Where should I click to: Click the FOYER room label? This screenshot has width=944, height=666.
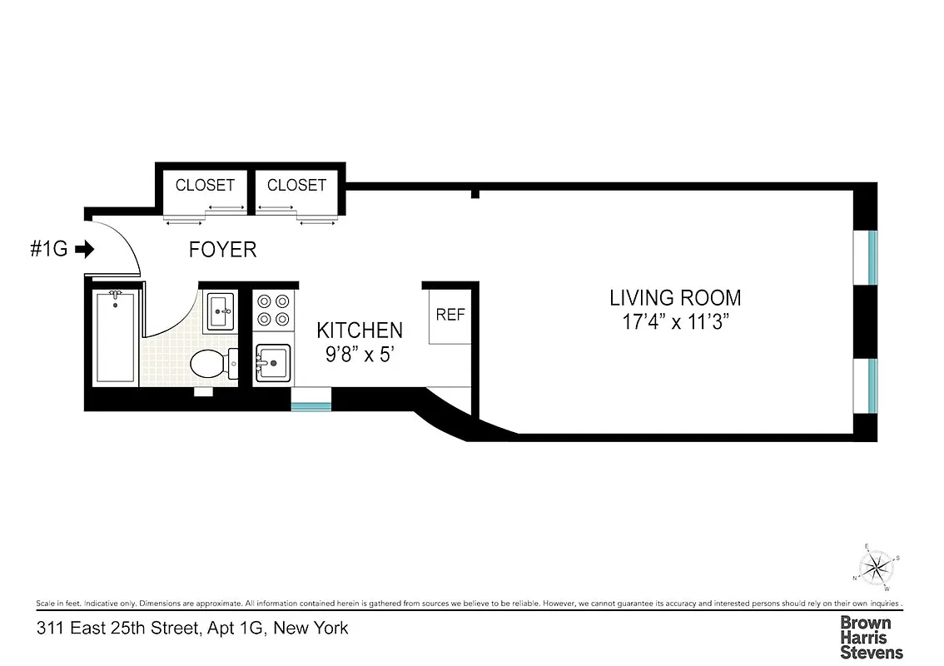pos(222,249)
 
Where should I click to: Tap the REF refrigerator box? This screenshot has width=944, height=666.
pos(450,316)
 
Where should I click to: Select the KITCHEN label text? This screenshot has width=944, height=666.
pos(360,331)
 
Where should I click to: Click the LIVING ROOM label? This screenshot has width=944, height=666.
pos(675,297)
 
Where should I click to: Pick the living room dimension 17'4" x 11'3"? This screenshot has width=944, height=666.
pos(675,322)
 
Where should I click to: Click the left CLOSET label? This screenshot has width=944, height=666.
pos(205,185)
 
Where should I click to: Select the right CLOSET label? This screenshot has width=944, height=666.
pos(296,185)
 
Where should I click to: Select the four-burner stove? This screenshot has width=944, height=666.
pos(274,310)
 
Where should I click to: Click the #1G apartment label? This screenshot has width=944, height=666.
pos(48,249)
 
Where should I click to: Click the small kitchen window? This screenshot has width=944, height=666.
pos(311,405)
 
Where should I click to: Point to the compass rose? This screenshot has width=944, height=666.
pos(875,569)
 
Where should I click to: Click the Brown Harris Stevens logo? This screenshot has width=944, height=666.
pos(871,637)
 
